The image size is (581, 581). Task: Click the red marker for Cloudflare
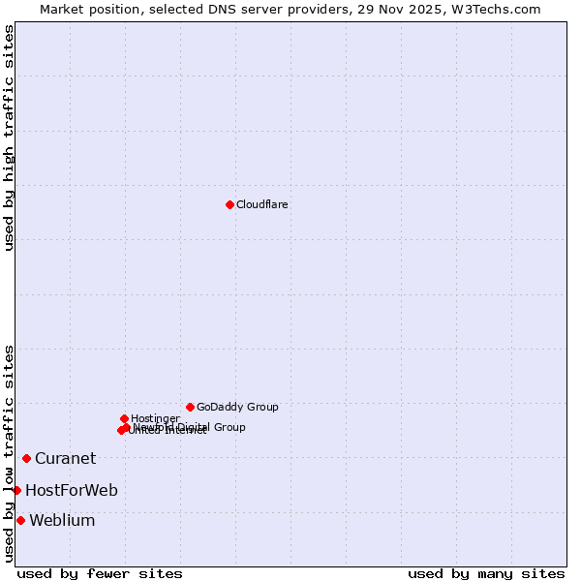tap(229, 204)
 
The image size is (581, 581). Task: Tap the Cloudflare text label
tap(262, 204)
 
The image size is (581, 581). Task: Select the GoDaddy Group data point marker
tap(190, 407)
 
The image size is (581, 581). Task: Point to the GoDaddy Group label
tap(237, 407)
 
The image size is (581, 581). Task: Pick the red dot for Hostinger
tap(124, 418)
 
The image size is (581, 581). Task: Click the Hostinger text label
tap(155, 418)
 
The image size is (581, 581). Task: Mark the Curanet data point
tap(26, 458)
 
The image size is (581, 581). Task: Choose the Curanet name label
tap(65, 458)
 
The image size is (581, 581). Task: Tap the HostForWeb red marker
tap(16, 490)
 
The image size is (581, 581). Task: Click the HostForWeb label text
tap(72, 490)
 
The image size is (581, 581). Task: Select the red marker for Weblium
tap(20, 520)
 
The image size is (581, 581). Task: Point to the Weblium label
tap(62, 520)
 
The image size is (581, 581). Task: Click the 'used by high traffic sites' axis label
tap(9, 138)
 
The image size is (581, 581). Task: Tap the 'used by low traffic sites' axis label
tap(9, 452)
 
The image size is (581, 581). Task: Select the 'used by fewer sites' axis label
tap(100, 573)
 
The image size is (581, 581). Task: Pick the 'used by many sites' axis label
tap(486, 573)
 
